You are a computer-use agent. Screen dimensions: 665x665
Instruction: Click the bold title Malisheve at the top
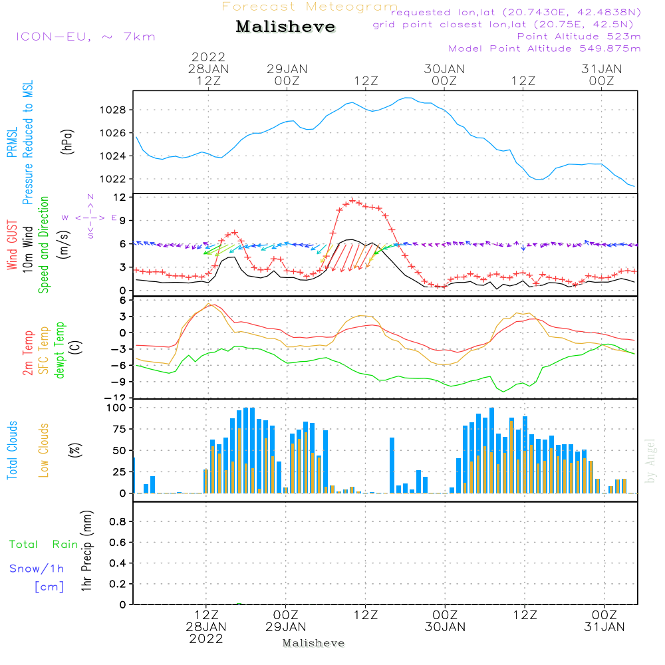click(285, 27)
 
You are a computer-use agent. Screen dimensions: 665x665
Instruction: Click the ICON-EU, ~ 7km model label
click(86, 37)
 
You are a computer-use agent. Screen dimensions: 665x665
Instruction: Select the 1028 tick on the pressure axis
click(114, 110)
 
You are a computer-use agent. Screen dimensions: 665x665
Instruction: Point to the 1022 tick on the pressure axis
click(114, 179)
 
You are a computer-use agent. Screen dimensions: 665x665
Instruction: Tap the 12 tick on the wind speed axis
click(120, 198)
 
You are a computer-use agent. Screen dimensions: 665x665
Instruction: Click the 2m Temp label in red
click(28, 352)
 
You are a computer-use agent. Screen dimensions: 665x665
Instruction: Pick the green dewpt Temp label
click(59, 350)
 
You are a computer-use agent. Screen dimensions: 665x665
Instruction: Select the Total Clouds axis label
click(13, 450)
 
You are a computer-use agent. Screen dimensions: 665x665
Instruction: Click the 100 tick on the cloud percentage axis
click(116, 408)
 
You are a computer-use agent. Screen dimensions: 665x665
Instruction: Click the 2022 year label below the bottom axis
click(206, 639)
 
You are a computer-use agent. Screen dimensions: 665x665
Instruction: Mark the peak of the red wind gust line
click(352, 200)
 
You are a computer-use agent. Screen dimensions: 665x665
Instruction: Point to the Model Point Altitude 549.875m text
click(545, 49)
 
